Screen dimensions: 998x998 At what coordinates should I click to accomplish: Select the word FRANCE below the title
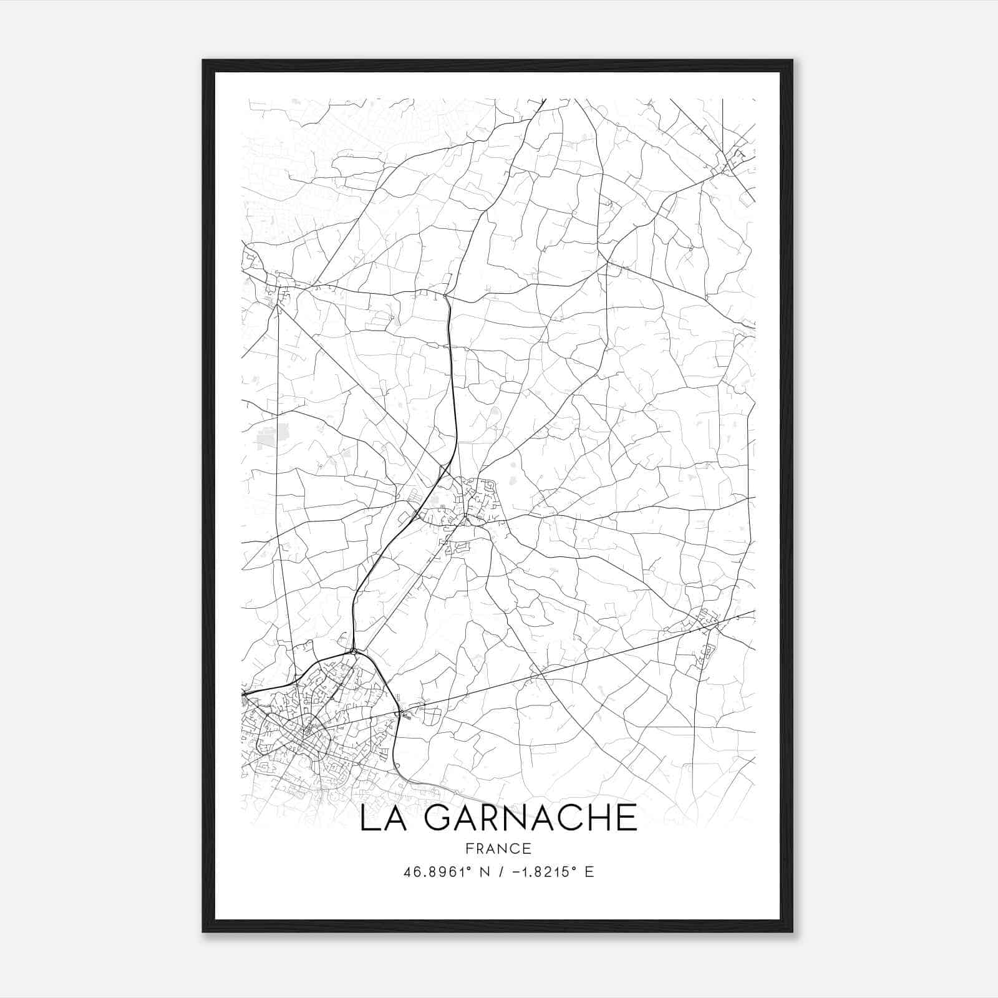[498, 848]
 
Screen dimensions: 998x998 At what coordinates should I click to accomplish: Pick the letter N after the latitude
[483, 872]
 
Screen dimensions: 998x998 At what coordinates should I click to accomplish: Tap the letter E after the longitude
[589, 872]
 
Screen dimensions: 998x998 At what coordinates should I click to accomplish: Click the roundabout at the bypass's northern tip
[354, 651]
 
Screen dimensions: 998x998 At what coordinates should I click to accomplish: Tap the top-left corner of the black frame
[203, 61]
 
